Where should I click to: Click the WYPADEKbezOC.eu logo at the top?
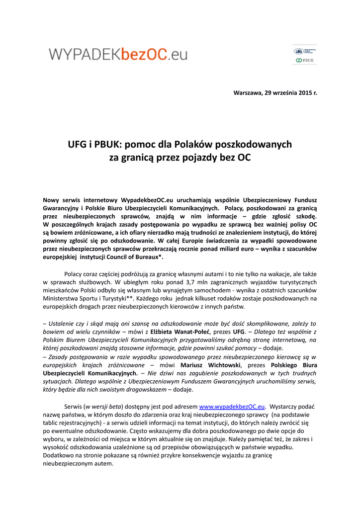click(x=118, y=53)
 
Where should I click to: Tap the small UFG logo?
click(x=298, y=51)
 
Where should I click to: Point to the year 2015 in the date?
click(x=305, y=93)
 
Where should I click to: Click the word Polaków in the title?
click(x=190, y=145)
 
